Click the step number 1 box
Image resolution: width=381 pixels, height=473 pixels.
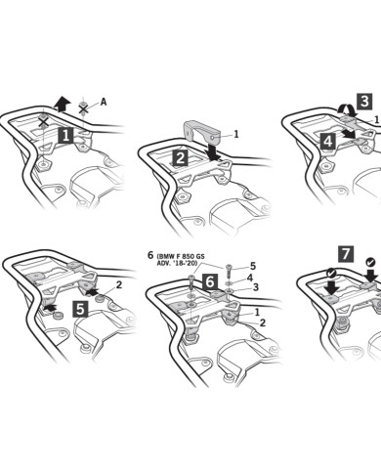[x=65, y=137]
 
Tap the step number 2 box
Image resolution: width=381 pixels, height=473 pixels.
[x=180, y=157]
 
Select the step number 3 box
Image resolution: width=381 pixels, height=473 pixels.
[x=363, y=101]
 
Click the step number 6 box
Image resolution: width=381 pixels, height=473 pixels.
[x=209, y=281]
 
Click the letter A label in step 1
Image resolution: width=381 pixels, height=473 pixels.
[x=104, y=101]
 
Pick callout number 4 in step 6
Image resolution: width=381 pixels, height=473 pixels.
[x=250, y=278]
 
